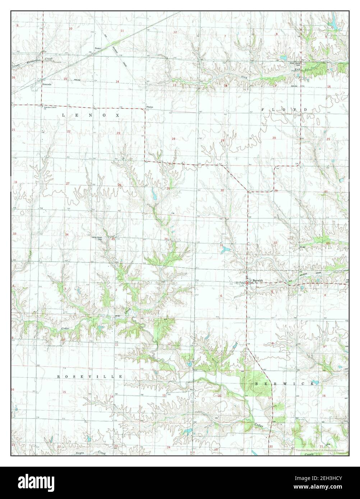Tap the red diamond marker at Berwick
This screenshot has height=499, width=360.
coord(247,283)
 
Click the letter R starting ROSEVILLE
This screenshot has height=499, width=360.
coord(59,377)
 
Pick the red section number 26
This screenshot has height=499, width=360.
coord(120,185)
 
